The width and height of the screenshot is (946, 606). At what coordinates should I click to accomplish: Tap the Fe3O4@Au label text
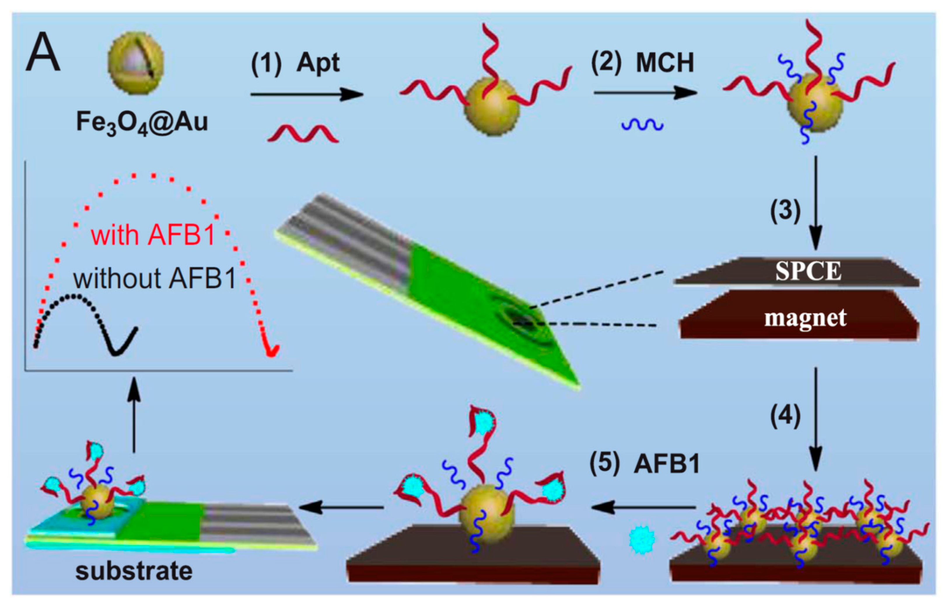click(142, 122)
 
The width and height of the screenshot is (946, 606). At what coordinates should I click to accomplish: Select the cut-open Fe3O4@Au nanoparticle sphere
click(136, 63)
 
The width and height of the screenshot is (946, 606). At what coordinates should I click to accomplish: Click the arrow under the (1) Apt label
click(307, 94)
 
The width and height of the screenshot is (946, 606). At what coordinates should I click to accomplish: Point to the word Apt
click(318, 63)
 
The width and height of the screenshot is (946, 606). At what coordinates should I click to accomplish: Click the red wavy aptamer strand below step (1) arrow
click(303, 134)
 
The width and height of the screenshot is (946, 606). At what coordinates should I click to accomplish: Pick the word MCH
click(665, 63)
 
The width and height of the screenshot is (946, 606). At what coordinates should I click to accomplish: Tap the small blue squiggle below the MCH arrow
click(642, 125)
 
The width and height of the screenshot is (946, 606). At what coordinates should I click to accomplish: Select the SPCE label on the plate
click(808, 271)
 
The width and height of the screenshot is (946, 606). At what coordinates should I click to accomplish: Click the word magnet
click(805, 318)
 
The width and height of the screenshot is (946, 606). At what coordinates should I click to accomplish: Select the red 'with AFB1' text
click(153, 236)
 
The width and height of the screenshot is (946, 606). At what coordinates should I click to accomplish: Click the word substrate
click(134, 571)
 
